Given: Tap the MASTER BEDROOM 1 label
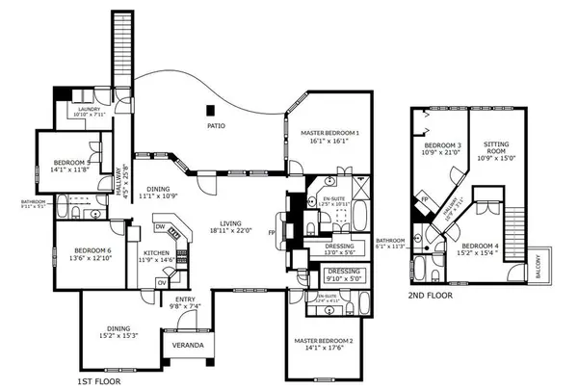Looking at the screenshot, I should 329,132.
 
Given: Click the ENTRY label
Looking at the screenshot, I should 185,299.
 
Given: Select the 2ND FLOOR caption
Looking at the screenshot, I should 431,295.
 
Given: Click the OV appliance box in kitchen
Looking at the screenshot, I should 161,282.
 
